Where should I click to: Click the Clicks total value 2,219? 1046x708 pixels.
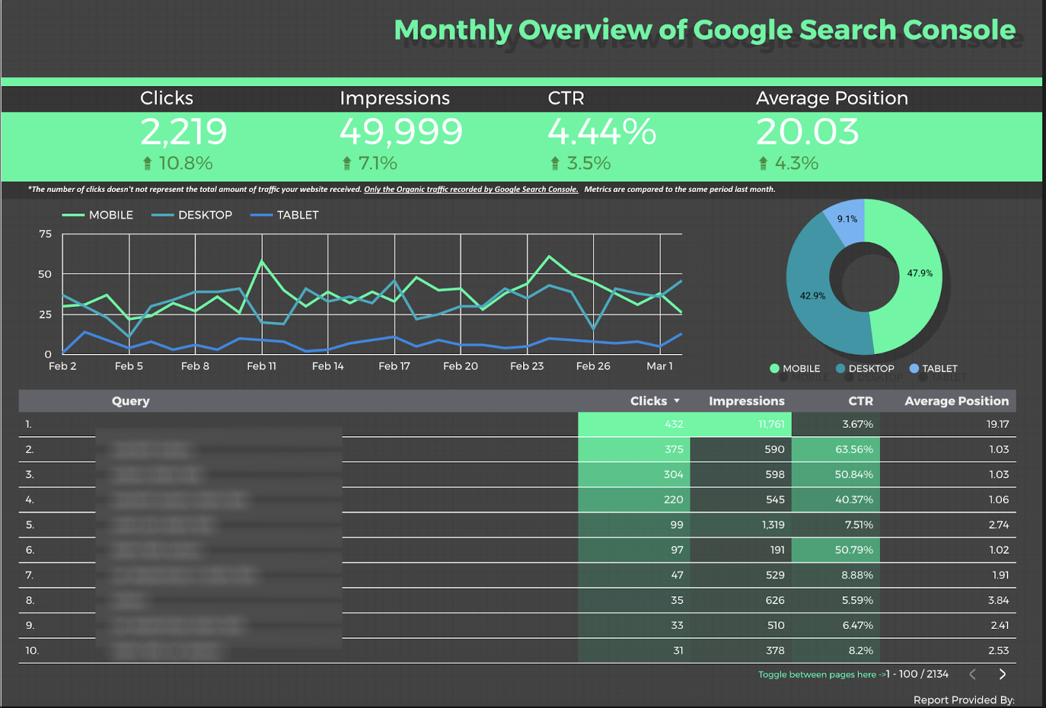point(184,132)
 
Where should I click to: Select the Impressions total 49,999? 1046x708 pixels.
point(401,132)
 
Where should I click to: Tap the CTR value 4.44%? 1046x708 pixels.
point(601,132)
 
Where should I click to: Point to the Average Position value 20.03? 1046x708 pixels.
point(807,132)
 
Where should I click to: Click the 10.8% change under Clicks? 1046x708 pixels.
point(185,163)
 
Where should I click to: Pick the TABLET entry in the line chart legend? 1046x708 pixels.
point(297,215)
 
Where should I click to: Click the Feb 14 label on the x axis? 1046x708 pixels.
point(328,366)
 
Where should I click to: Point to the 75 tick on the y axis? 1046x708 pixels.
point(45,234)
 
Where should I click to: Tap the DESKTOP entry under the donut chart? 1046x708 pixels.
point(871,368)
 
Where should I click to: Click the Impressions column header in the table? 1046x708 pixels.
point(747,401)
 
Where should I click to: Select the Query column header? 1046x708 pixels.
point(131,401)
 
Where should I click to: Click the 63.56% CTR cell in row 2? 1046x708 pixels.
point(854,449)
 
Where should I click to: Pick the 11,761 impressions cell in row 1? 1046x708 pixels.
point(771,424)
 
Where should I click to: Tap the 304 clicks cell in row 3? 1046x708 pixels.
point(673,474)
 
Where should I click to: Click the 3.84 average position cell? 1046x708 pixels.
point(998,600)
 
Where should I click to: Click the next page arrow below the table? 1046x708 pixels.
point(1002,674)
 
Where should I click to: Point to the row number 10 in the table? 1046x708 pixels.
point(32,651)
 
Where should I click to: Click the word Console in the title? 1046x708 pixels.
point(959,30)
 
